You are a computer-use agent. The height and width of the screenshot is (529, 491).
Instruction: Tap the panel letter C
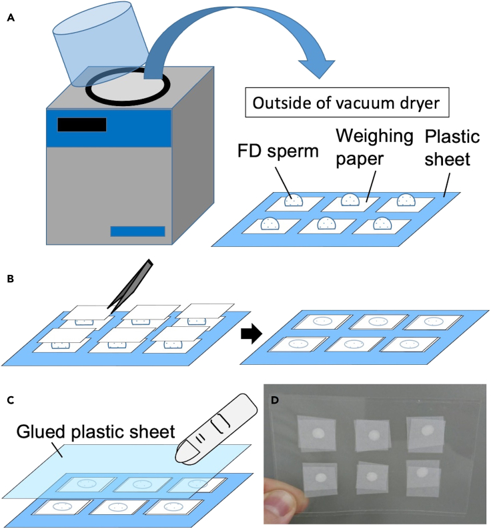(10, 400)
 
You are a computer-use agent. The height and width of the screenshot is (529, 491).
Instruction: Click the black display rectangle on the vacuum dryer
(81, 125)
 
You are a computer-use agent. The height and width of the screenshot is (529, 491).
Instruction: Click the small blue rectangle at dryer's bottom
(137, 231)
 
